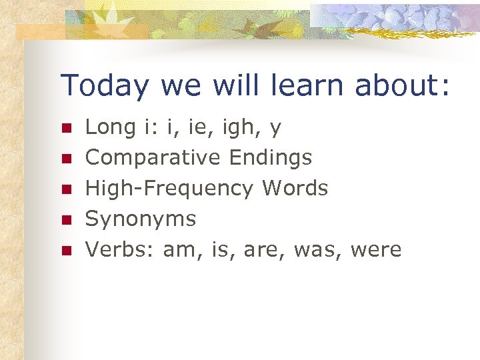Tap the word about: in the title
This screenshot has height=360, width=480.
pyautogui.click(x=403, y=86)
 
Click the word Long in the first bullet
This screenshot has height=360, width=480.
pyautogui.click(x=110, y=127)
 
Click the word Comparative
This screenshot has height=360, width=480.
pyautogui.click(x=153, y=157)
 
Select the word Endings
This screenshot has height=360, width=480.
pyautogui.click(x=270, y=157)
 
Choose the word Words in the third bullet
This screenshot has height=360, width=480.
pyautogui.click(x=295, y=188)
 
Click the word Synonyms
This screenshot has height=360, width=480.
pyautogui.click(x=141, y=219)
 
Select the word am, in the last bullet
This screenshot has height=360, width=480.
pyautogui.click(x=181, y=249)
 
